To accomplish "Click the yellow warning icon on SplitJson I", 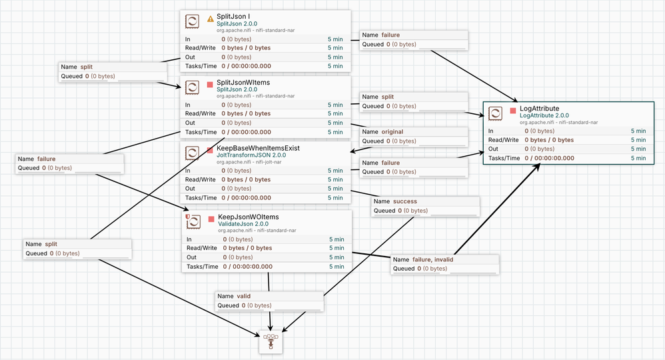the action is coord(211,19).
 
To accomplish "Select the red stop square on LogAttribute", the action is coord(513,111).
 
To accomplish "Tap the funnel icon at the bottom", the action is coord(271,342).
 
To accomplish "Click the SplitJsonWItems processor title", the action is coord(243,83).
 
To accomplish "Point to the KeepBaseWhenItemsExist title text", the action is coord(258,148).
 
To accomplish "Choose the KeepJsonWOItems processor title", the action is coord(248,217).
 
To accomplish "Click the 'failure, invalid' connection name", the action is coord(432,259).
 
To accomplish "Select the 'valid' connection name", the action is coord(243,296).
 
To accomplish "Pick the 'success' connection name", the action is coord(404,201).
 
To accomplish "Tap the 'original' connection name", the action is coord(392,131).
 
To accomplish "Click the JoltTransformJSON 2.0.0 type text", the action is coord(251,155).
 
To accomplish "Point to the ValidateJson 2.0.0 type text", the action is coord(243,224).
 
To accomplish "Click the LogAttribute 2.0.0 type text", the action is coord(544,115).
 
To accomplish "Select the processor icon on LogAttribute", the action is coord(495,113).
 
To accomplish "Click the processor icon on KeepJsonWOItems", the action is coord(193,221).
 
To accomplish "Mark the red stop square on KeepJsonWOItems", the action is coord(211,219).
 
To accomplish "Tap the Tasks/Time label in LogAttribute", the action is coord(504,158).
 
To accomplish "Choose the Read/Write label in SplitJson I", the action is coord(200,48).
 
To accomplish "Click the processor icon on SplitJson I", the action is coord(192,21).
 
